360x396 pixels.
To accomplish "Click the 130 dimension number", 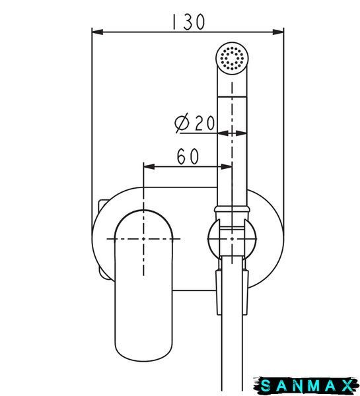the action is tap(188, 22).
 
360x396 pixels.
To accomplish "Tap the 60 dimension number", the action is tap(188, 156).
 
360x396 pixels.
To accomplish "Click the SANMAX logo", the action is tap(306, 386).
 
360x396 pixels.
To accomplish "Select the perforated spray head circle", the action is tap(232, 58).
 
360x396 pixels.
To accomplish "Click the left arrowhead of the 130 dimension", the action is tap(98, 32).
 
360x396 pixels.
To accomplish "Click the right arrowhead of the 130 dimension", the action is tap(278, 32).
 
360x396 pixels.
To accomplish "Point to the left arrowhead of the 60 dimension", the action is tap(149, 167).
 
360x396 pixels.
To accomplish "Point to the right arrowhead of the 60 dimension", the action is tap(227, 167).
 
